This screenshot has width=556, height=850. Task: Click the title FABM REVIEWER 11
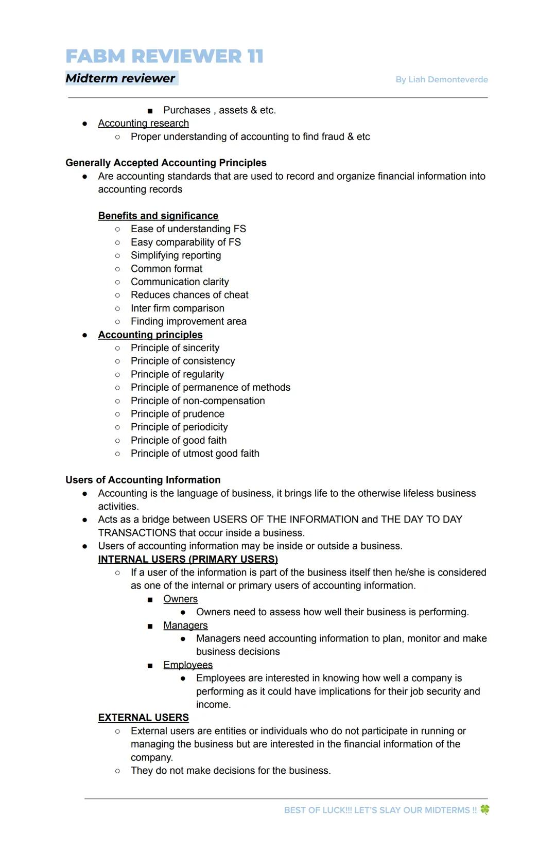pyautogui.click(x=164, y=56)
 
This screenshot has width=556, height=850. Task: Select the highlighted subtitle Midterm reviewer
pyautogui.click(x=120, y=78)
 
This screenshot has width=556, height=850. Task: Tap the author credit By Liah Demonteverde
pyautogui.click(x=441, y=79)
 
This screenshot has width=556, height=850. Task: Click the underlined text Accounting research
pyautogui.click(x=143, y=124)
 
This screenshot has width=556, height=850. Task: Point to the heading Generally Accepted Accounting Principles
pyautogui.click(x=166, y=163)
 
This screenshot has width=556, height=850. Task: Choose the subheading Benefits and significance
pyautogui.click(x=158, y=216)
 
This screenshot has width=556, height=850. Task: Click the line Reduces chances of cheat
pyautogui.click(x=189, y=295)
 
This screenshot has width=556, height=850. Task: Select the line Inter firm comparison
pyautogui.click(x=177, y=308)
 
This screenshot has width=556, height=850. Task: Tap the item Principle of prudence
pyautogui.click(x=177, y=414)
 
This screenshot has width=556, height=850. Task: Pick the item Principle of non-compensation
pyautogui.click(x=198, y=401)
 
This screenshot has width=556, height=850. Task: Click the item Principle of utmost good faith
pyautogui.click(x=195, y=454)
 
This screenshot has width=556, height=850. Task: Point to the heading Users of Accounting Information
pyautogui.click(x=143, y=480)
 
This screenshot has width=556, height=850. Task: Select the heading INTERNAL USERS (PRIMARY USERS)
pyautogui.click(x=188, y=559)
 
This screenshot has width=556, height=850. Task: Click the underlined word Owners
pyautogui.click(x=180, y=599)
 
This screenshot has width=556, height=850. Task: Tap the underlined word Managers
pyautogui.click(x=185, y=625)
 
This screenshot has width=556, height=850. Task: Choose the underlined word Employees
pyautogui.click(x=187, y=665)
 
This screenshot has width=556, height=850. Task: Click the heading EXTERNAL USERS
pyautogui.click(x=143, y=718)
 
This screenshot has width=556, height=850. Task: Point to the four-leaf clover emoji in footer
pyautogui.click(x=484, y=809)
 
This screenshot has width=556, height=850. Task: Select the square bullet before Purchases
pyautogui.click(x=150, y=111)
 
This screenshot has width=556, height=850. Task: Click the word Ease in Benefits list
pyautogui.click(x=142, y=229)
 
